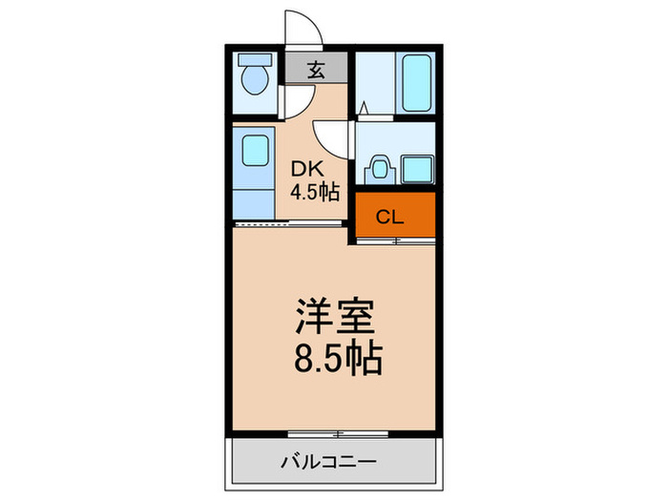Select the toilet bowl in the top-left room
254,80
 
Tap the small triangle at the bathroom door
365,110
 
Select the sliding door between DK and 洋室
286,223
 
